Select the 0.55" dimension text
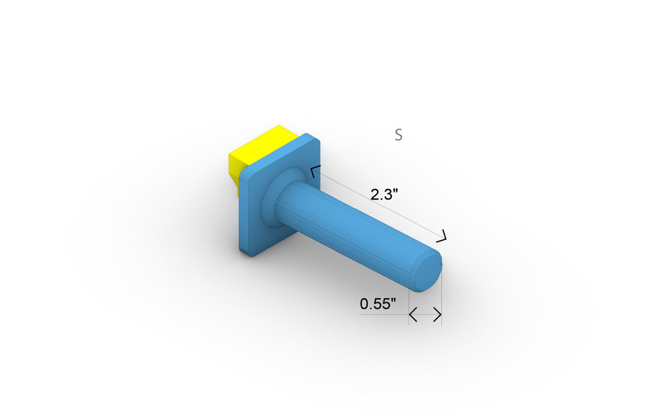click(378, 304)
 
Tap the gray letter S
click(398, 135)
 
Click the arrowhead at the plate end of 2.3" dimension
click(315, 171)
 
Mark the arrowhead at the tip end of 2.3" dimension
click(444, 235)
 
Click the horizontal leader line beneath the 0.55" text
click(383, 315)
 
